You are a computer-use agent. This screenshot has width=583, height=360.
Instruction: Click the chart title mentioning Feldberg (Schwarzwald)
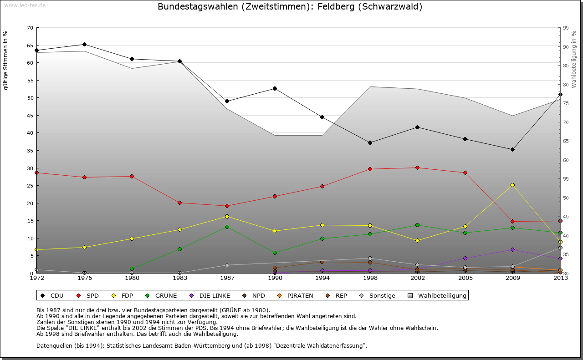(290, 7)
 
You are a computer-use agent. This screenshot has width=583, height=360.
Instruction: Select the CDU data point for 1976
(84, 44)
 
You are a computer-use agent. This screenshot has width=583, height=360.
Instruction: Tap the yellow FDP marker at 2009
(512, 185)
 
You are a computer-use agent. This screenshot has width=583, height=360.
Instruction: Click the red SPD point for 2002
(417, 167)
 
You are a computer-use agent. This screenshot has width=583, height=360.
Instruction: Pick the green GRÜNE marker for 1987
(227, 227)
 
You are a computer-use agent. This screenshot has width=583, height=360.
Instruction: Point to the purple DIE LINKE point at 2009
(512, 249)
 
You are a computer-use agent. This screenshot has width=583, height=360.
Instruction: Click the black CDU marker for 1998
(370, 142)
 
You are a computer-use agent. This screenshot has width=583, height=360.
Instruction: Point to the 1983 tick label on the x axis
(179, 278)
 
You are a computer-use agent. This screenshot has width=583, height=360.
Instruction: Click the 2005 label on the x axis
(465, 278)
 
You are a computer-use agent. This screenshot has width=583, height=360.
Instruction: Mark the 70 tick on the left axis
(30, 28)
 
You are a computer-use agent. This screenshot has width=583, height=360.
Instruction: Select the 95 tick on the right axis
(566, 28)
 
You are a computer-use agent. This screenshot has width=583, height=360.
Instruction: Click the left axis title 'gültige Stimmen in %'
(6, 61)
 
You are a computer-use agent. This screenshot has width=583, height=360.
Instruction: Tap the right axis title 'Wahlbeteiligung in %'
(574, 58)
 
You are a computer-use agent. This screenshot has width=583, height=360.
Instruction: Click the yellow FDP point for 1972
(37, 249)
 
